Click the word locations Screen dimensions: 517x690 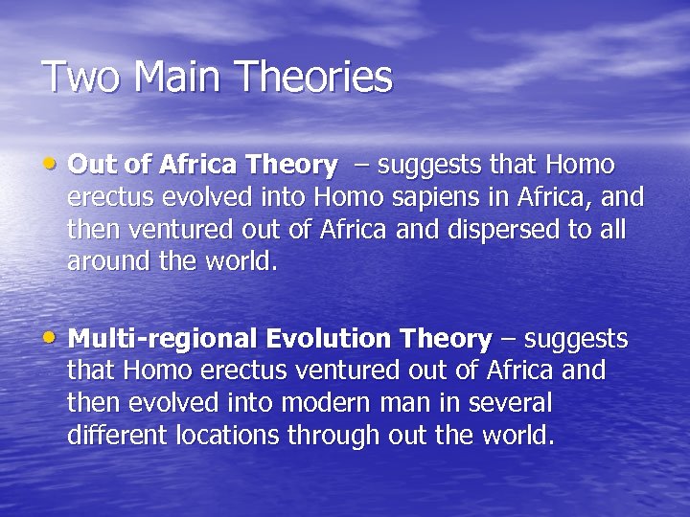pos(229,436)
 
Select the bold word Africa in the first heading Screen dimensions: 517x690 pos(196,166)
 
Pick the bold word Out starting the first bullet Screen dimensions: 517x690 pos(92,166)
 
